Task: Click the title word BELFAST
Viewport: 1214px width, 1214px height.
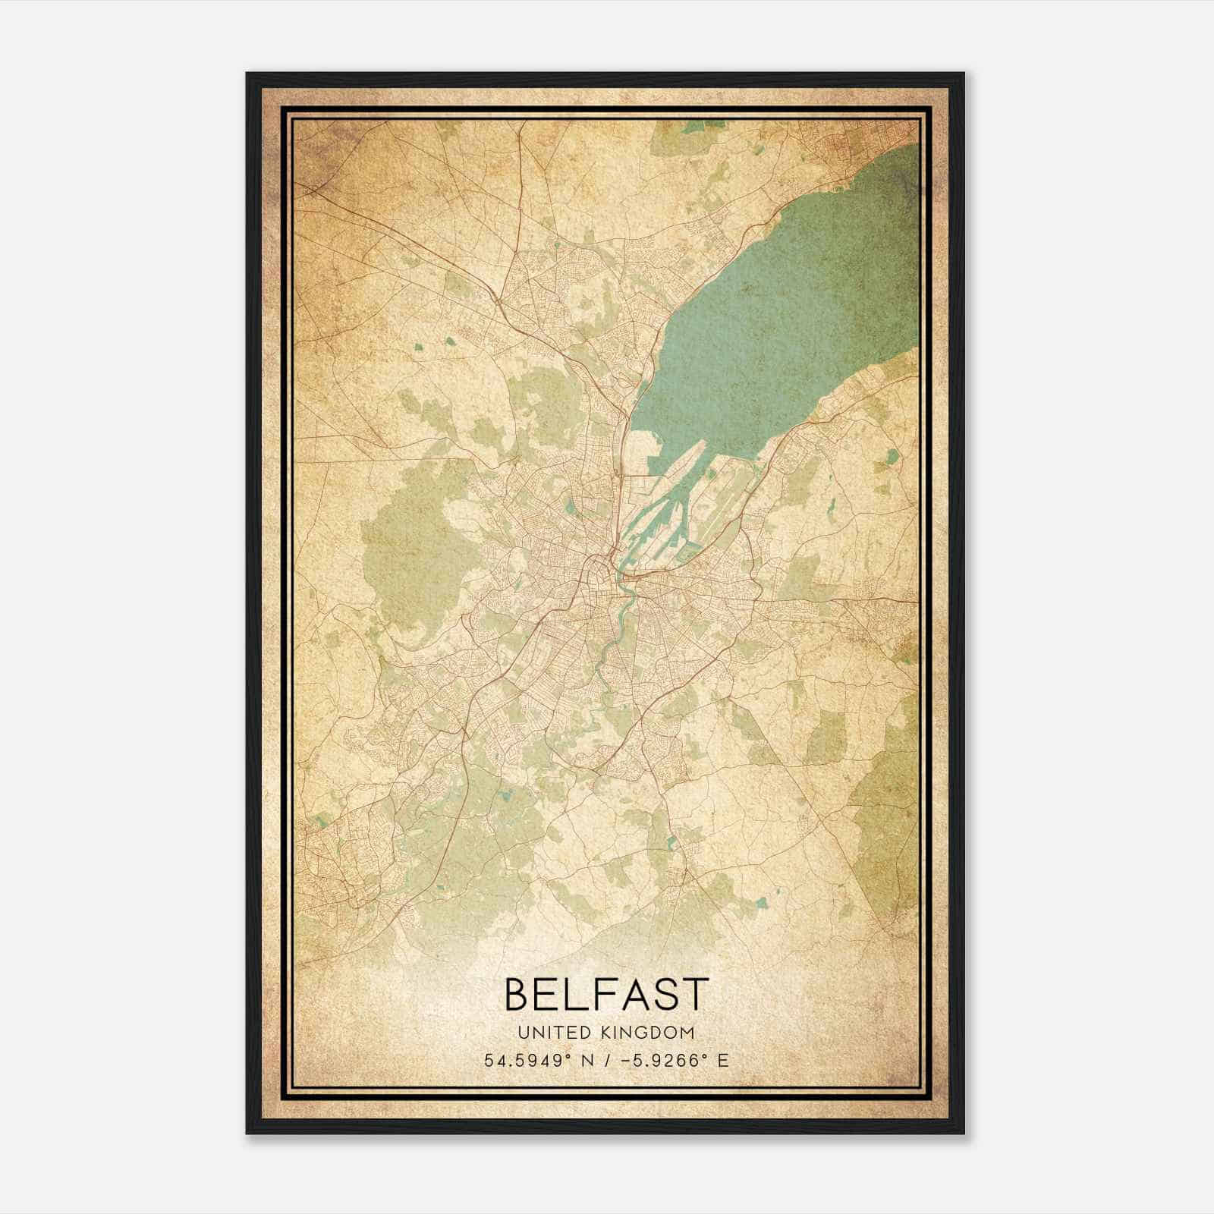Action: point(605,994)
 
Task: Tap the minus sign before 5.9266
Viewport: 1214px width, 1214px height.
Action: point(624,1061)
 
